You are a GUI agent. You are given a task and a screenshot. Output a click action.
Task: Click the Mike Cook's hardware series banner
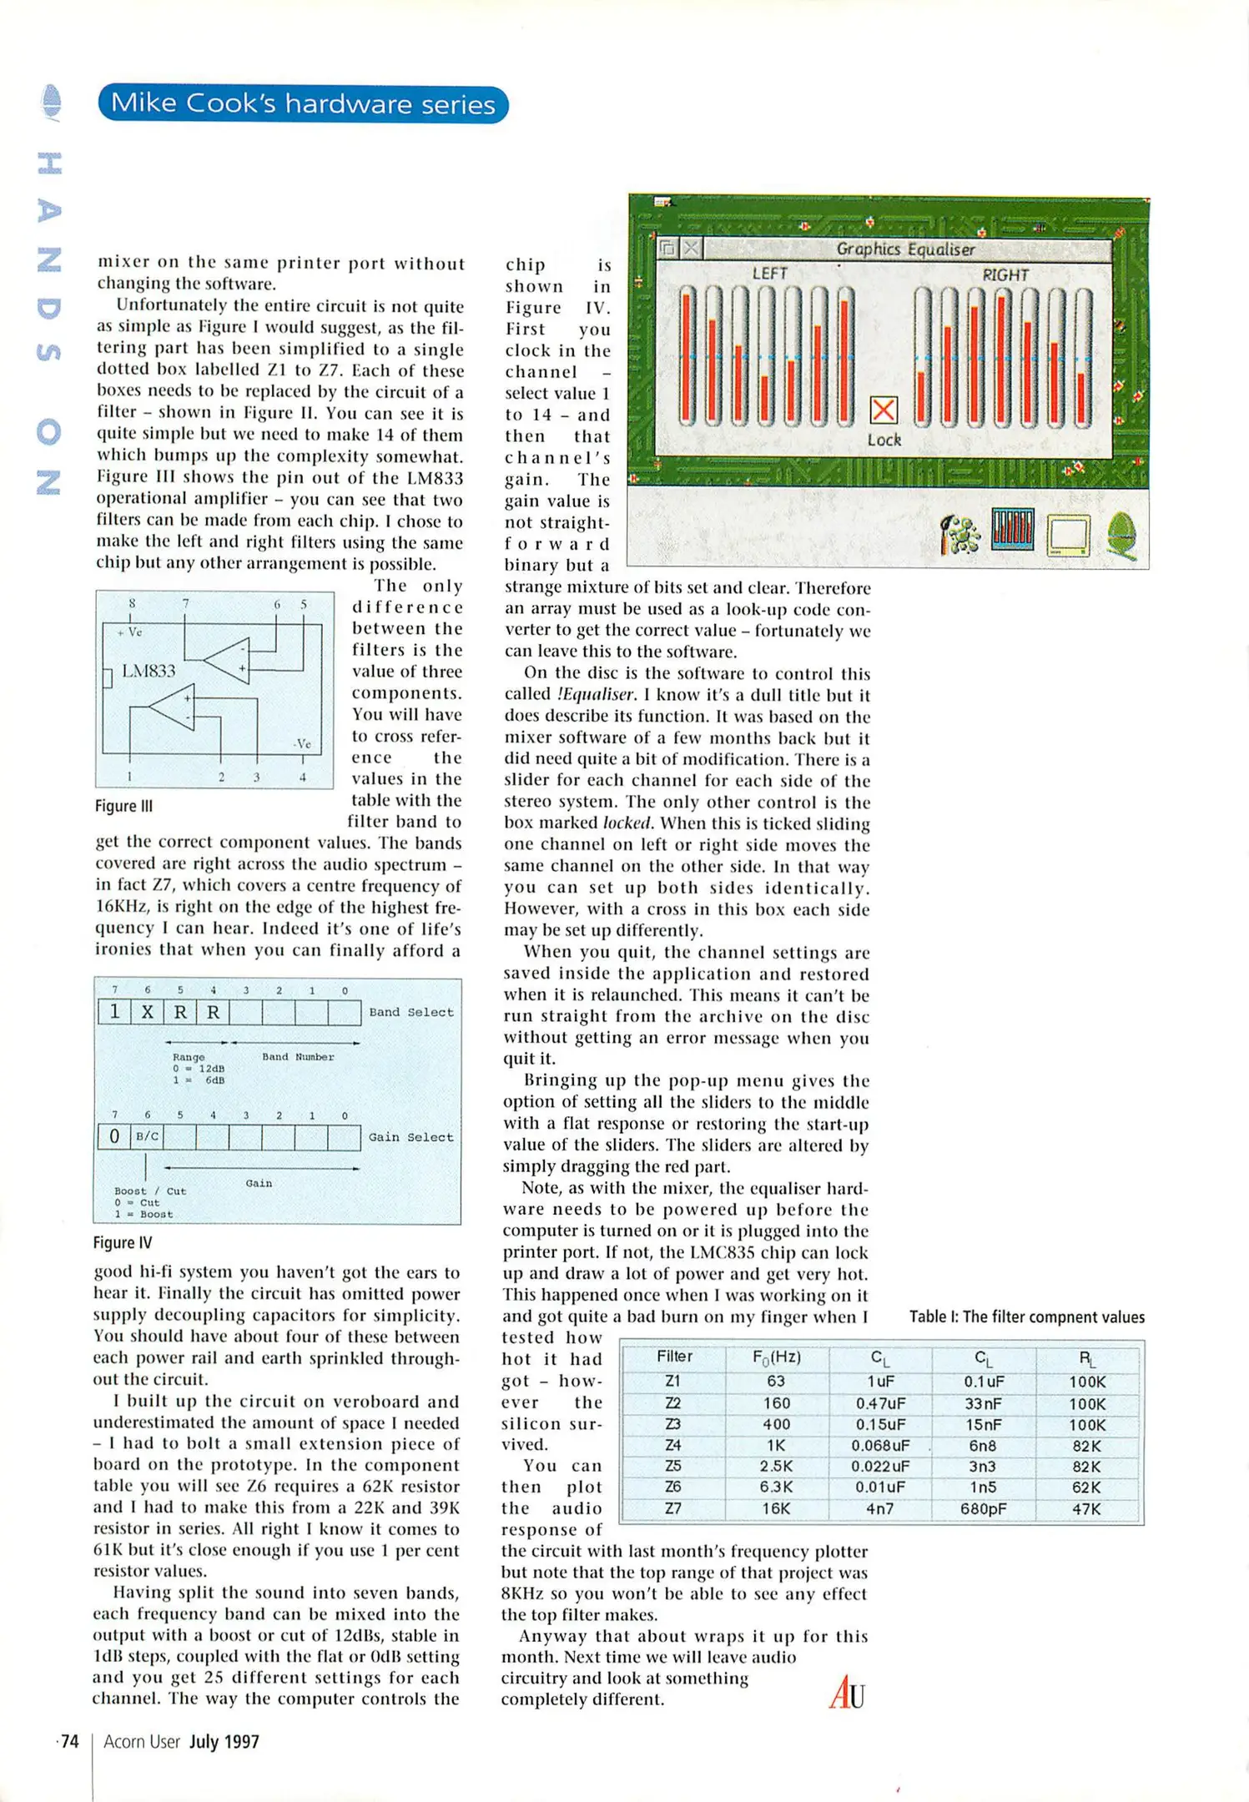(303, 104)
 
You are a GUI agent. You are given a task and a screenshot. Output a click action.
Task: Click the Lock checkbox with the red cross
(883, 410)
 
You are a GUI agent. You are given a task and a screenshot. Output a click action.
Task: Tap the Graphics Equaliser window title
(905, 249)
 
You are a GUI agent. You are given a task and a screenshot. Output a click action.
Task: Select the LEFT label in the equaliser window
(769, 274)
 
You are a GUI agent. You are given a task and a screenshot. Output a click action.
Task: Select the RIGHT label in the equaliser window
(1005, 274)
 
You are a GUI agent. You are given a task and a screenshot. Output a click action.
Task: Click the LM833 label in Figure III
(149, 671)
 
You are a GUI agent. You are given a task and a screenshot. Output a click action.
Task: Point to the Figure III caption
(123, 806)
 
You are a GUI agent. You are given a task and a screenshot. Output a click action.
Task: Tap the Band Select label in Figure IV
(410, 1012)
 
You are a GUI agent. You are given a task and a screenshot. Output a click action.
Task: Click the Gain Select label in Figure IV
(410, 1137)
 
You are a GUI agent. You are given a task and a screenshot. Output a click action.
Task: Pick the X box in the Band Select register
(148, 1012)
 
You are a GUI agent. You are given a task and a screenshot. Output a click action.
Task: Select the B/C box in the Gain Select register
(147, 1136)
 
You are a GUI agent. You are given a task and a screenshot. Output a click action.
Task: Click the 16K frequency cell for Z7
(776, 1508)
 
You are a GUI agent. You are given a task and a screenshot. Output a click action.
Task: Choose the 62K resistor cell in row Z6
(1086, 1487)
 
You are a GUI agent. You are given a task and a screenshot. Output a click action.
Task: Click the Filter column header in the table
(674, 1357)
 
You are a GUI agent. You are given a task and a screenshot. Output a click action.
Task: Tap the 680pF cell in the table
(983, 1508)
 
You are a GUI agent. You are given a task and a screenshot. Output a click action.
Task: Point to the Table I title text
(1026, 1317)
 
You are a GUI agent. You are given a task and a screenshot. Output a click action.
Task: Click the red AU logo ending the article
(847, 1692)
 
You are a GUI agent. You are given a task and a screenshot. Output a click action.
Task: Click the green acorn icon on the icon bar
(1122, 535)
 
